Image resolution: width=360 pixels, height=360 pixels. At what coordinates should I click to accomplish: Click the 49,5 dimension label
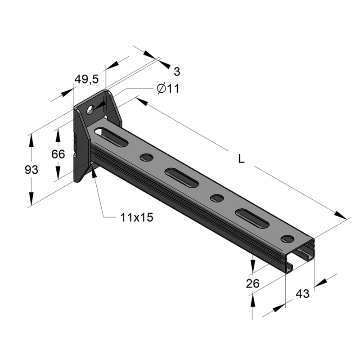pos(86,80)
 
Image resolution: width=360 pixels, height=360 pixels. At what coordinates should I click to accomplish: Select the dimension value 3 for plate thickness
pos(177,71)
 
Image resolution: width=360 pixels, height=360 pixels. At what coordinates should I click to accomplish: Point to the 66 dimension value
pos(58,154)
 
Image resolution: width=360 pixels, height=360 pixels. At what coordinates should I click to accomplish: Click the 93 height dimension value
pos(31,170)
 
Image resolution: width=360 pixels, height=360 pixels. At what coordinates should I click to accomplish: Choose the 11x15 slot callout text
pos(137,217)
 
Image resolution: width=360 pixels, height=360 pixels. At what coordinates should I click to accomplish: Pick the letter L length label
pos(242,158)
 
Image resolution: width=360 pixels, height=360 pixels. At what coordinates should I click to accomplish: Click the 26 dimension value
pos(253,283)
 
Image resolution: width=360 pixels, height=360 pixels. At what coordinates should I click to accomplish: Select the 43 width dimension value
pos(302,294)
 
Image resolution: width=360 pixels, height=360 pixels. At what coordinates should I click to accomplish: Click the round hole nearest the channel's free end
pos(286,238)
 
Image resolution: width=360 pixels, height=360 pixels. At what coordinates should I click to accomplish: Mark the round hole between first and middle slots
pos(146,157)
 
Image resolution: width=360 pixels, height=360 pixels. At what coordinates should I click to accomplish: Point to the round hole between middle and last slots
pos(217,198)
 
